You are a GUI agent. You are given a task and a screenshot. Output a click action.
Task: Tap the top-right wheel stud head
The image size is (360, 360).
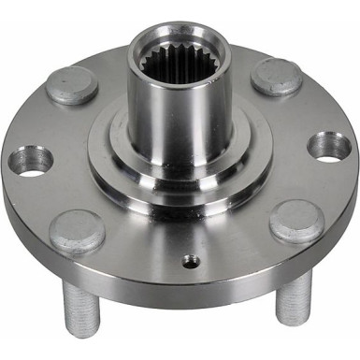tap(276, 77)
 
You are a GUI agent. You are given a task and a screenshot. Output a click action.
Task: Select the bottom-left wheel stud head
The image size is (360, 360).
tap(77, 230)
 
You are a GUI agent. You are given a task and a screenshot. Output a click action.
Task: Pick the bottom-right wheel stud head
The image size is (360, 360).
tap(295, 222)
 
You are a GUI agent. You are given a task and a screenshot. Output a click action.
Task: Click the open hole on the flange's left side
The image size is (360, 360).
tap(31, 161)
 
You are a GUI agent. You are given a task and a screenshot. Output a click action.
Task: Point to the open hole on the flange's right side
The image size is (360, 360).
tap(329, 146)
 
